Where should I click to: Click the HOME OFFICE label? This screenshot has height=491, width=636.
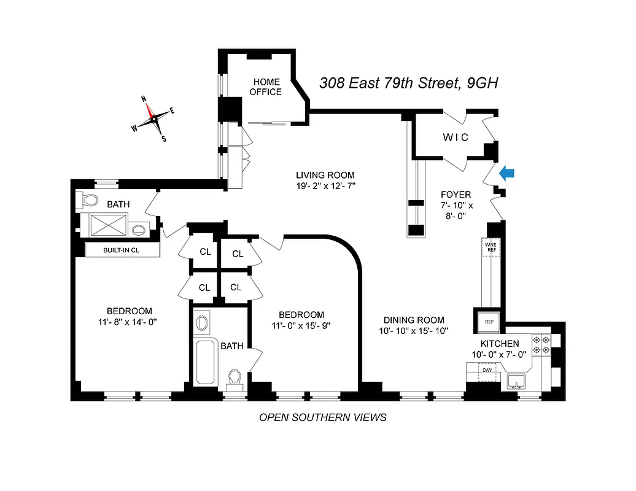[267, 87]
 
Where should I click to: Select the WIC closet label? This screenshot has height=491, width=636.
[456, 137]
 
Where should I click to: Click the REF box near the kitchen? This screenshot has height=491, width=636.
[489, 322]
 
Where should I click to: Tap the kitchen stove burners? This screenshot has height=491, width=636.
[541, 345]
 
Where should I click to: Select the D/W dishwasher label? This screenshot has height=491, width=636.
[486, 370]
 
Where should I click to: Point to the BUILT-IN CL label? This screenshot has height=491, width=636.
[122, 250]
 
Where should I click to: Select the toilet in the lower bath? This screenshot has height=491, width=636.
[234, 378]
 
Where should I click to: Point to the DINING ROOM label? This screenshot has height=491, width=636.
[414, 320]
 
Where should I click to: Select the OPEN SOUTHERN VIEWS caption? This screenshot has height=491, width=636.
[323, 417]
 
